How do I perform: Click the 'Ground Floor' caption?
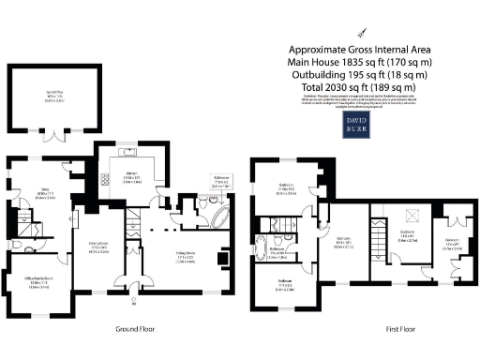[x=134, y=329]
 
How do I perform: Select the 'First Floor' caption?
[x=400, y=329]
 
